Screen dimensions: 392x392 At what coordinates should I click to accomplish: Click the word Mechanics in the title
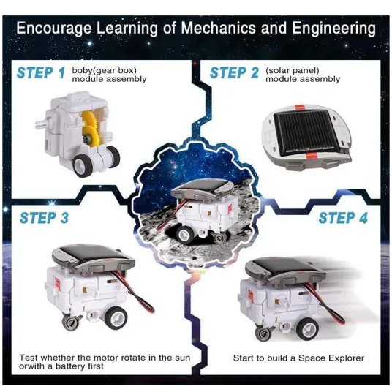(x=219, y=28)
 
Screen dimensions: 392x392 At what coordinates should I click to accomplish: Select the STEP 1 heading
(x=41, y=72)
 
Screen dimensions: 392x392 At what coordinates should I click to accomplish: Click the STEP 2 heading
(x=234, y=72)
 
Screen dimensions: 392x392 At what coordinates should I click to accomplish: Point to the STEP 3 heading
(x=44, y=218)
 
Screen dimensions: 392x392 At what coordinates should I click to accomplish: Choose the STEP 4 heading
(x=343, y=218)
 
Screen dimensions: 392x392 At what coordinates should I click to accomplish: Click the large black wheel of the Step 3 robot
(x=116, y=317)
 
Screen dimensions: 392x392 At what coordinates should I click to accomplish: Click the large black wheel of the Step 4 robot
(x=306, y=328)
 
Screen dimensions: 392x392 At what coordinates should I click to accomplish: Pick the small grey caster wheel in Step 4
(x=263, y=334)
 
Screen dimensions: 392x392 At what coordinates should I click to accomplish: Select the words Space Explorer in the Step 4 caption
(x=331, y=358)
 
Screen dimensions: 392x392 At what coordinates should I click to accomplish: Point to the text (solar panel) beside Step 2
(x=293, y=71)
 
